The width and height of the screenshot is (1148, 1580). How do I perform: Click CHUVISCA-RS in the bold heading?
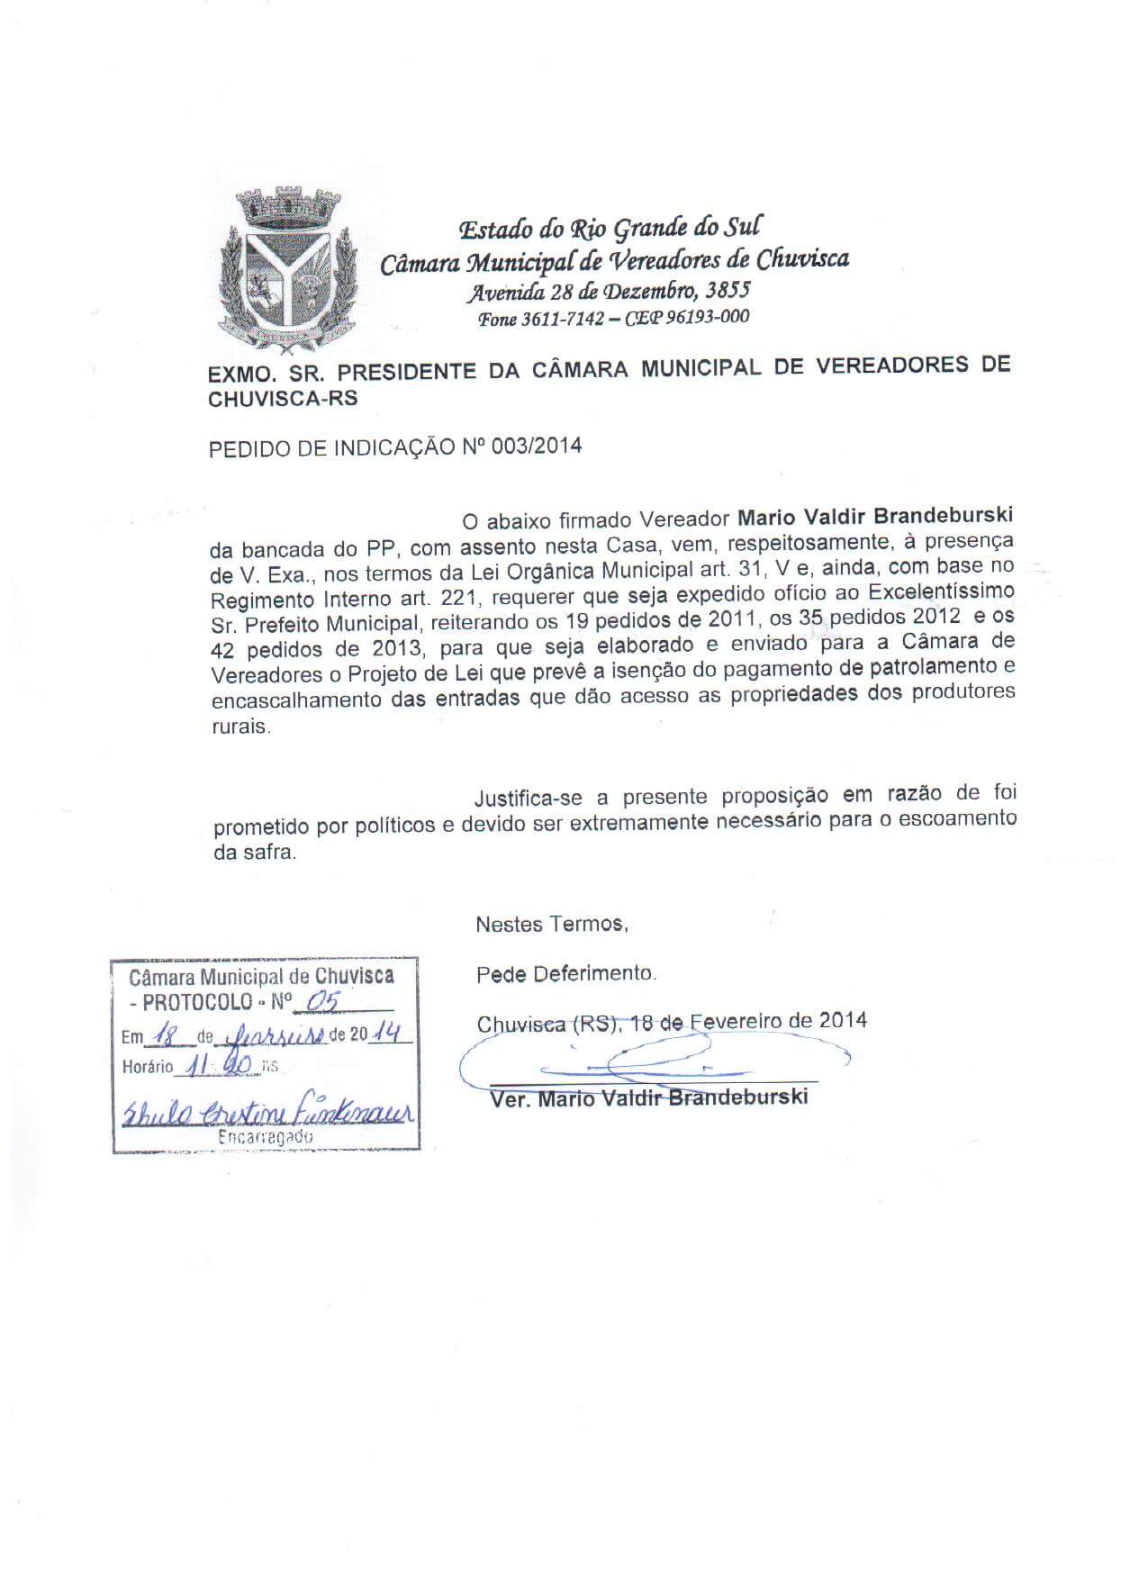tap(283, 399)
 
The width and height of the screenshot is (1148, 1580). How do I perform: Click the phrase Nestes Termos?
tap(552, 924)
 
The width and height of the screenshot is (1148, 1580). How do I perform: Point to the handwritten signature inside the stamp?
tap(266, 1113)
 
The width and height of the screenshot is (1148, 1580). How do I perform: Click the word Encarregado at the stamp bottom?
tap(266, 1137)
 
